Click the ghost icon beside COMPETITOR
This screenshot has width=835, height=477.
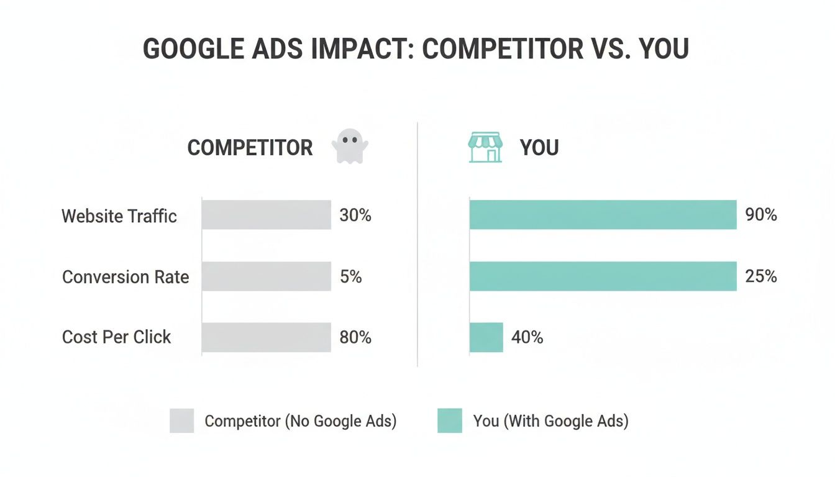click(x=350, y=147)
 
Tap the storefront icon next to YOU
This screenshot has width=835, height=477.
click(x=485, y=147)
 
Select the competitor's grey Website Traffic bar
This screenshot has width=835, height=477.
click(x=267, y=215)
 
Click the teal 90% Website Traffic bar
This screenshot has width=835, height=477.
click(x=603, y=215)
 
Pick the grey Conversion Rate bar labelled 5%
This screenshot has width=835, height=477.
click(x=267, y=276)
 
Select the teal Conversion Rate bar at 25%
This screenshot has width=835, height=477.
click(x=603, y=276)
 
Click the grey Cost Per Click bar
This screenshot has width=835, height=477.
click(x=267, y=337)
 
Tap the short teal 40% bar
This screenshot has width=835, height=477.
click(x=486, y=337)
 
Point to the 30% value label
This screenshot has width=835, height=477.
click(x=355, y=216)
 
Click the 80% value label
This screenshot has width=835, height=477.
click(x=355, y=337)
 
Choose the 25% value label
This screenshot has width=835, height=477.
click(x=761, y=276)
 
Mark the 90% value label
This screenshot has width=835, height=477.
click(x=761, y=216)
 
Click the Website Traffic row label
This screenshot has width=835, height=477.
click(x=119, y=216)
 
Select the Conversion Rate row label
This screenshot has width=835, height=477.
click(x=125, y=276)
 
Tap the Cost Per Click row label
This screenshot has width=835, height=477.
click(x=116, y=337)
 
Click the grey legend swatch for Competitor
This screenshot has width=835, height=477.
click(x=181, y=420)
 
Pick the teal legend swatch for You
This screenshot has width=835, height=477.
click(x=450, y=420)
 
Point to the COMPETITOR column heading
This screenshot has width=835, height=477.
click(x=250, y=148)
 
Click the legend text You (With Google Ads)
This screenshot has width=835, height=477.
click(x=550, y=420)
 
